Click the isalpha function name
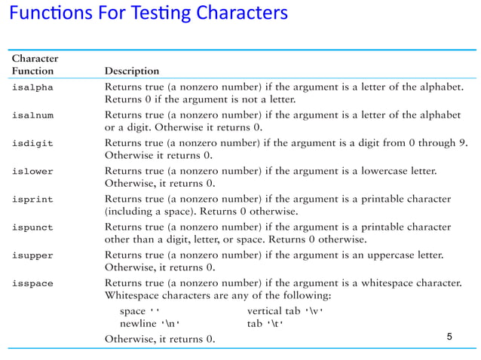(x=32, y=87)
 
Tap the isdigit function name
(x=32, y=143)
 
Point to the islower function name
(x=32, y=171)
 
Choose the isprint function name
(x=32, y=199)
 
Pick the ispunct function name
(x=32, y=227)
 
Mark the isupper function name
(x=32, y=255)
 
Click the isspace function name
(x=32, y=282)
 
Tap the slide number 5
(x=449, y=336)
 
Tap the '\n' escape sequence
(x=173, y=323)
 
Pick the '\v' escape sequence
(x=314, y=310)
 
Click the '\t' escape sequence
(x=274, y=323)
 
